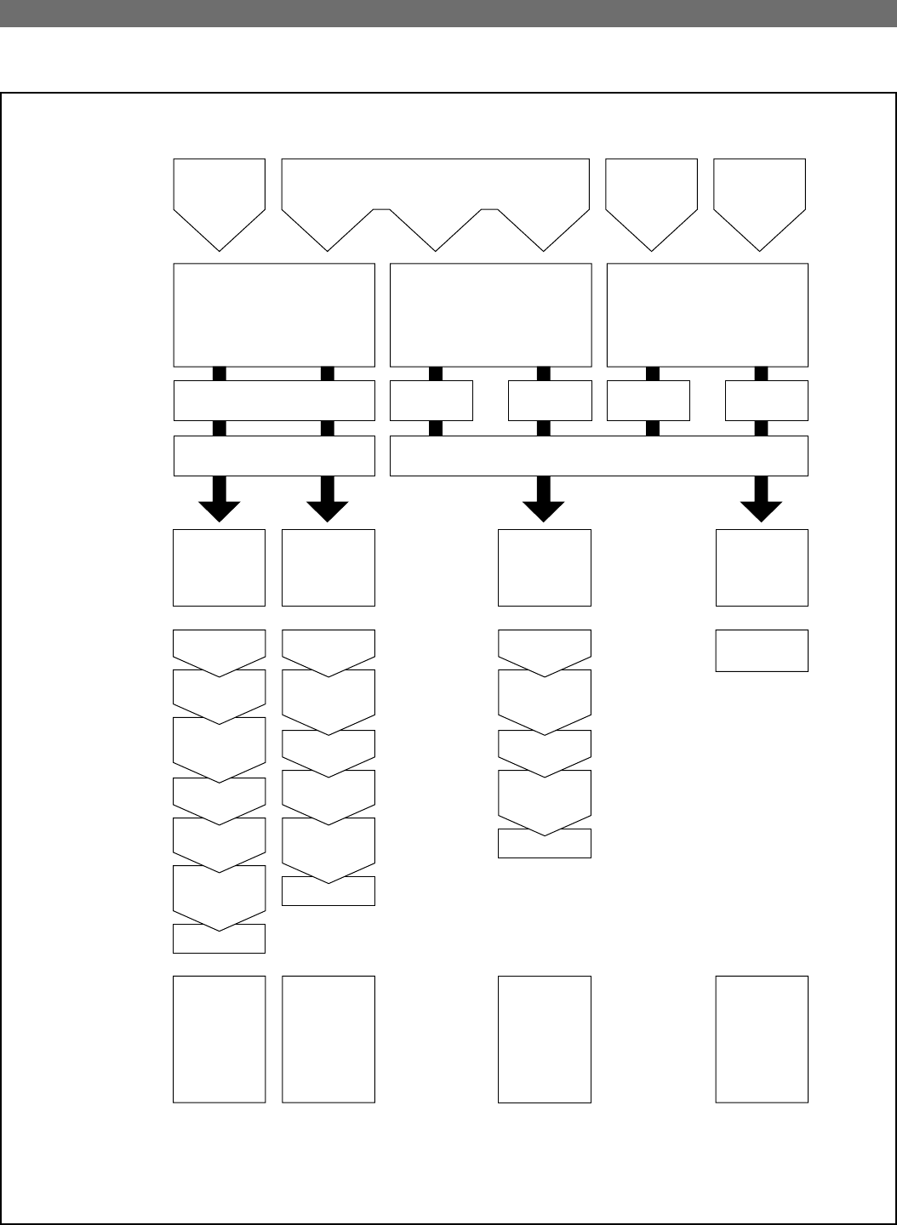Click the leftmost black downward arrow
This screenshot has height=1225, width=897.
pos(220,499)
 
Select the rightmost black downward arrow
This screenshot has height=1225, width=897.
pos(761,499)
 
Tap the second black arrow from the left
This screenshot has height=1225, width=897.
pos(328,499)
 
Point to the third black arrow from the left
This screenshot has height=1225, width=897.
pos(544,499)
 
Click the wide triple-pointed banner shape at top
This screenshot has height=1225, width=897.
pos(435,196)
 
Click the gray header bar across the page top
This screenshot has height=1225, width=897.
pos(448,14)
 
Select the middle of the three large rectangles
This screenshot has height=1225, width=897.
pos(490,315)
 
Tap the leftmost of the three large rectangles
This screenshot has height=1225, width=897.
pos(274,315)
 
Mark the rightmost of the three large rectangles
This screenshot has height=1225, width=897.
pos(707,315)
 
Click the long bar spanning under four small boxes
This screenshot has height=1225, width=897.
pos(598,456)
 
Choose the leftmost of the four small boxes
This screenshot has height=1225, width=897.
pos(431,401)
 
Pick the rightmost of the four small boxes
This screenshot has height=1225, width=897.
pos(766,401)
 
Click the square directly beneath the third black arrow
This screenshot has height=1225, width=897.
pos(544,567)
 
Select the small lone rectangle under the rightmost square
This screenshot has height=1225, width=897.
pos(762,651)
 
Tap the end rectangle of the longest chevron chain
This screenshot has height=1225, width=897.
pos(220,939)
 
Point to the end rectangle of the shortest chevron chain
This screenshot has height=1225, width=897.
pos(544,844)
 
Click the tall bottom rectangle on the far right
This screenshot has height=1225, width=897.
pos(762,1039)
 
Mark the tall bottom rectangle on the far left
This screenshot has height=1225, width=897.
pos(220,1039)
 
